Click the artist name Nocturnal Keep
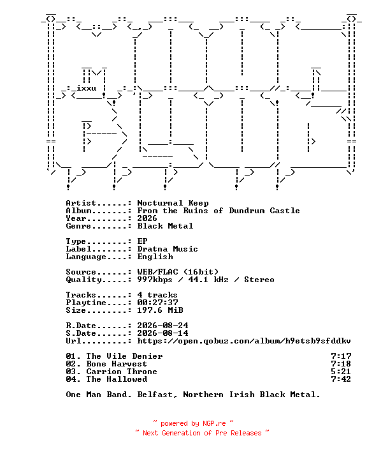[x=173, y=203]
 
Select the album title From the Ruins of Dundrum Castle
[x=219, y=211]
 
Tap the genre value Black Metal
[x=165, y=226]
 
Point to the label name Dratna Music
[x=168, y=249]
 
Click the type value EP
[x=142, y=241]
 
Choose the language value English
[x=155, y=257]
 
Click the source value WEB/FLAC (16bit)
[x=178, y=272]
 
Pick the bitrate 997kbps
[x=155, y=280]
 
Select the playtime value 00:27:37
[x=157, y=303]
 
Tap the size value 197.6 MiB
[x=160, y=310]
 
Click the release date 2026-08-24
[x=162, y=326]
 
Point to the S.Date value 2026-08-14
[x=162, y=333]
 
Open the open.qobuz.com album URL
[x=244, y=341]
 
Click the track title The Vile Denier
[x=124, y=356]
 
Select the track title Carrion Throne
[x=122, y=372]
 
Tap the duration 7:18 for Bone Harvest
[x=341, y=364]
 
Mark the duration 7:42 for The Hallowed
[x=341, y=379]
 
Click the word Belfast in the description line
[x=157, y=395]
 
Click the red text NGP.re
[x=214, y=423]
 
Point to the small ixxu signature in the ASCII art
[x=86, y=88]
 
